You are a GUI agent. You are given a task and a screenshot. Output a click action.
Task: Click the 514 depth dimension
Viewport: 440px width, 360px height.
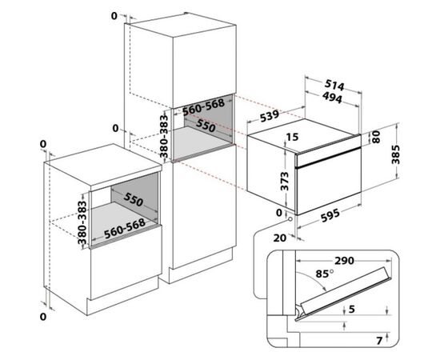click(x=334, y=86)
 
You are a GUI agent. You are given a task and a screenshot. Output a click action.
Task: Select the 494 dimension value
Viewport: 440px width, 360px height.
click(x=332, y=98)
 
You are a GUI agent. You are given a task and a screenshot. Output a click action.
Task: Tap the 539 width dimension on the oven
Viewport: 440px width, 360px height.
click(x=270, y=116)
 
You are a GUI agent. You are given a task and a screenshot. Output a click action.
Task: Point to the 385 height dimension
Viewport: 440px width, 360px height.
click(x=396, y=154)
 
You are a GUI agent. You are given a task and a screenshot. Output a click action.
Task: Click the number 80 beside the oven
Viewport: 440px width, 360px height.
click(x=376, y=137)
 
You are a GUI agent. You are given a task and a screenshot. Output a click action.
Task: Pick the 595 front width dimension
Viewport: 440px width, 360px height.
click(x=330, y=215)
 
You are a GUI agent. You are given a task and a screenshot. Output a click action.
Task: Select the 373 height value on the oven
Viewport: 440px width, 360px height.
click(x=285, y=181)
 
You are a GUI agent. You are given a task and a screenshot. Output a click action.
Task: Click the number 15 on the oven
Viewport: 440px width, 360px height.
click(x=292, y=137)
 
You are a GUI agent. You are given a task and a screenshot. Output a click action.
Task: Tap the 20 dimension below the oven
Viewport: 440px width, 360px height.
click(x=280, y=238)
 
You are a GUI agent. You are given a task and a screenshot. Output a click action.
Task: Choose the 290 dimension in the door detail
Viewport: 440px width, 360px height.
click(x=344, y=261)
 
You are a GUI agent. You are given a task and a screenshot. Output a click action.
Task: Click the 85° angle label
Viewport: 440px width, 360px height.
click(x=325, y=274)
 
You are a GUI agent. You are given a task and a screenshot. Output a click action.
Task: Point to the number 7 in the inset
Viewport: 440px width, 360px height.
click(x=379, y=341)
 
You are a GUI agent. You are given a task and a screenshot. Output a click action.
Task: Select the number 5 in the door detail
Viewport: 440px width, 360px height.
click(x=352, y=309)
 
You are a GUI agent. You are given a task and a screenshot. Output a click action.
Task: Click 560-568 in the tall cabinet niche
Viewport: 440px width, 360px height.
click(x=204, y=106)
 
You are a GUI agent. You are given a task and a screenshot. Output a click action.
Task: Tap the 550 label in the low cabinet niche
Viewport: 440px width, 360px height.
click(x=134, y=200)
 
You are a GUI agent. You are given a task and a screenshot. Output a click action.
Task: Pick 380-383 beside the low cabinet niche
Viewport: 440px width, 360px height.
click(x=82, y=222)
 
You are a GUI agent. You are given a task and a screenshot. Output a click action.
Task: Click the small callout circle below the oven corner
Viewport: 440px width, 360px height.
click(x=290, y=219)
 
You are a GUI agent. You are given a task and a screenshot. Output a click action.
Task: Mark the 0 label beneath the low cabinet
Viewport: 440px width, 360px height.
click(x=42, y=317)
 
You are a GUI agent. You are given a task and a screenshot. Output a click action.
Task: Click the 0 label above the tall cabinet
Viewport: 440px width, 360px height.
click(x=114, y=16)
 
